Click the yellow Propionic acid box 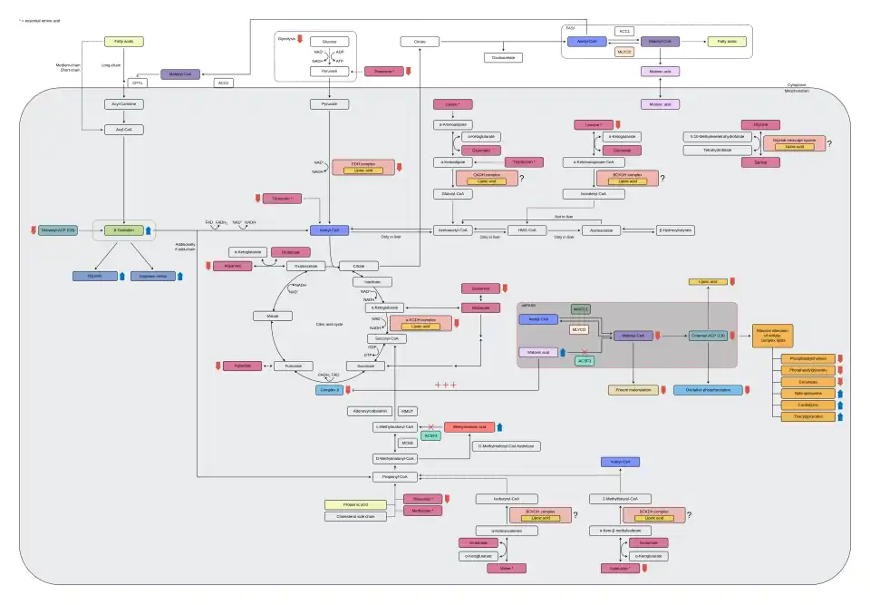(x=348, y=504)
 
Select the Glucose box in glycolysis (x=329, y=42)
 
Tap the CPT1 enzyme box (x=138, y=83)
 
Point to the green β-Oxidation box (x=124, y=230)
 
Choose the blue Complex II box (x=330, y=389)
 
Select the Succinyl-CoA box (x=387, y=338)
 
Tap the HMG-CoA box (x=527, y=230)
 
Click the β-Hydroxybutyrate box (x=675, y=230)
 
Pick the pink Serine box (x=760, y=161)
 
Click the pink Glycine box (x=760, y=124)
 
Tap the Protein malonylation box (x=633, y=390)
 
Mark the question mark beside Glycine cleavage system (x=829, y=143)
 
